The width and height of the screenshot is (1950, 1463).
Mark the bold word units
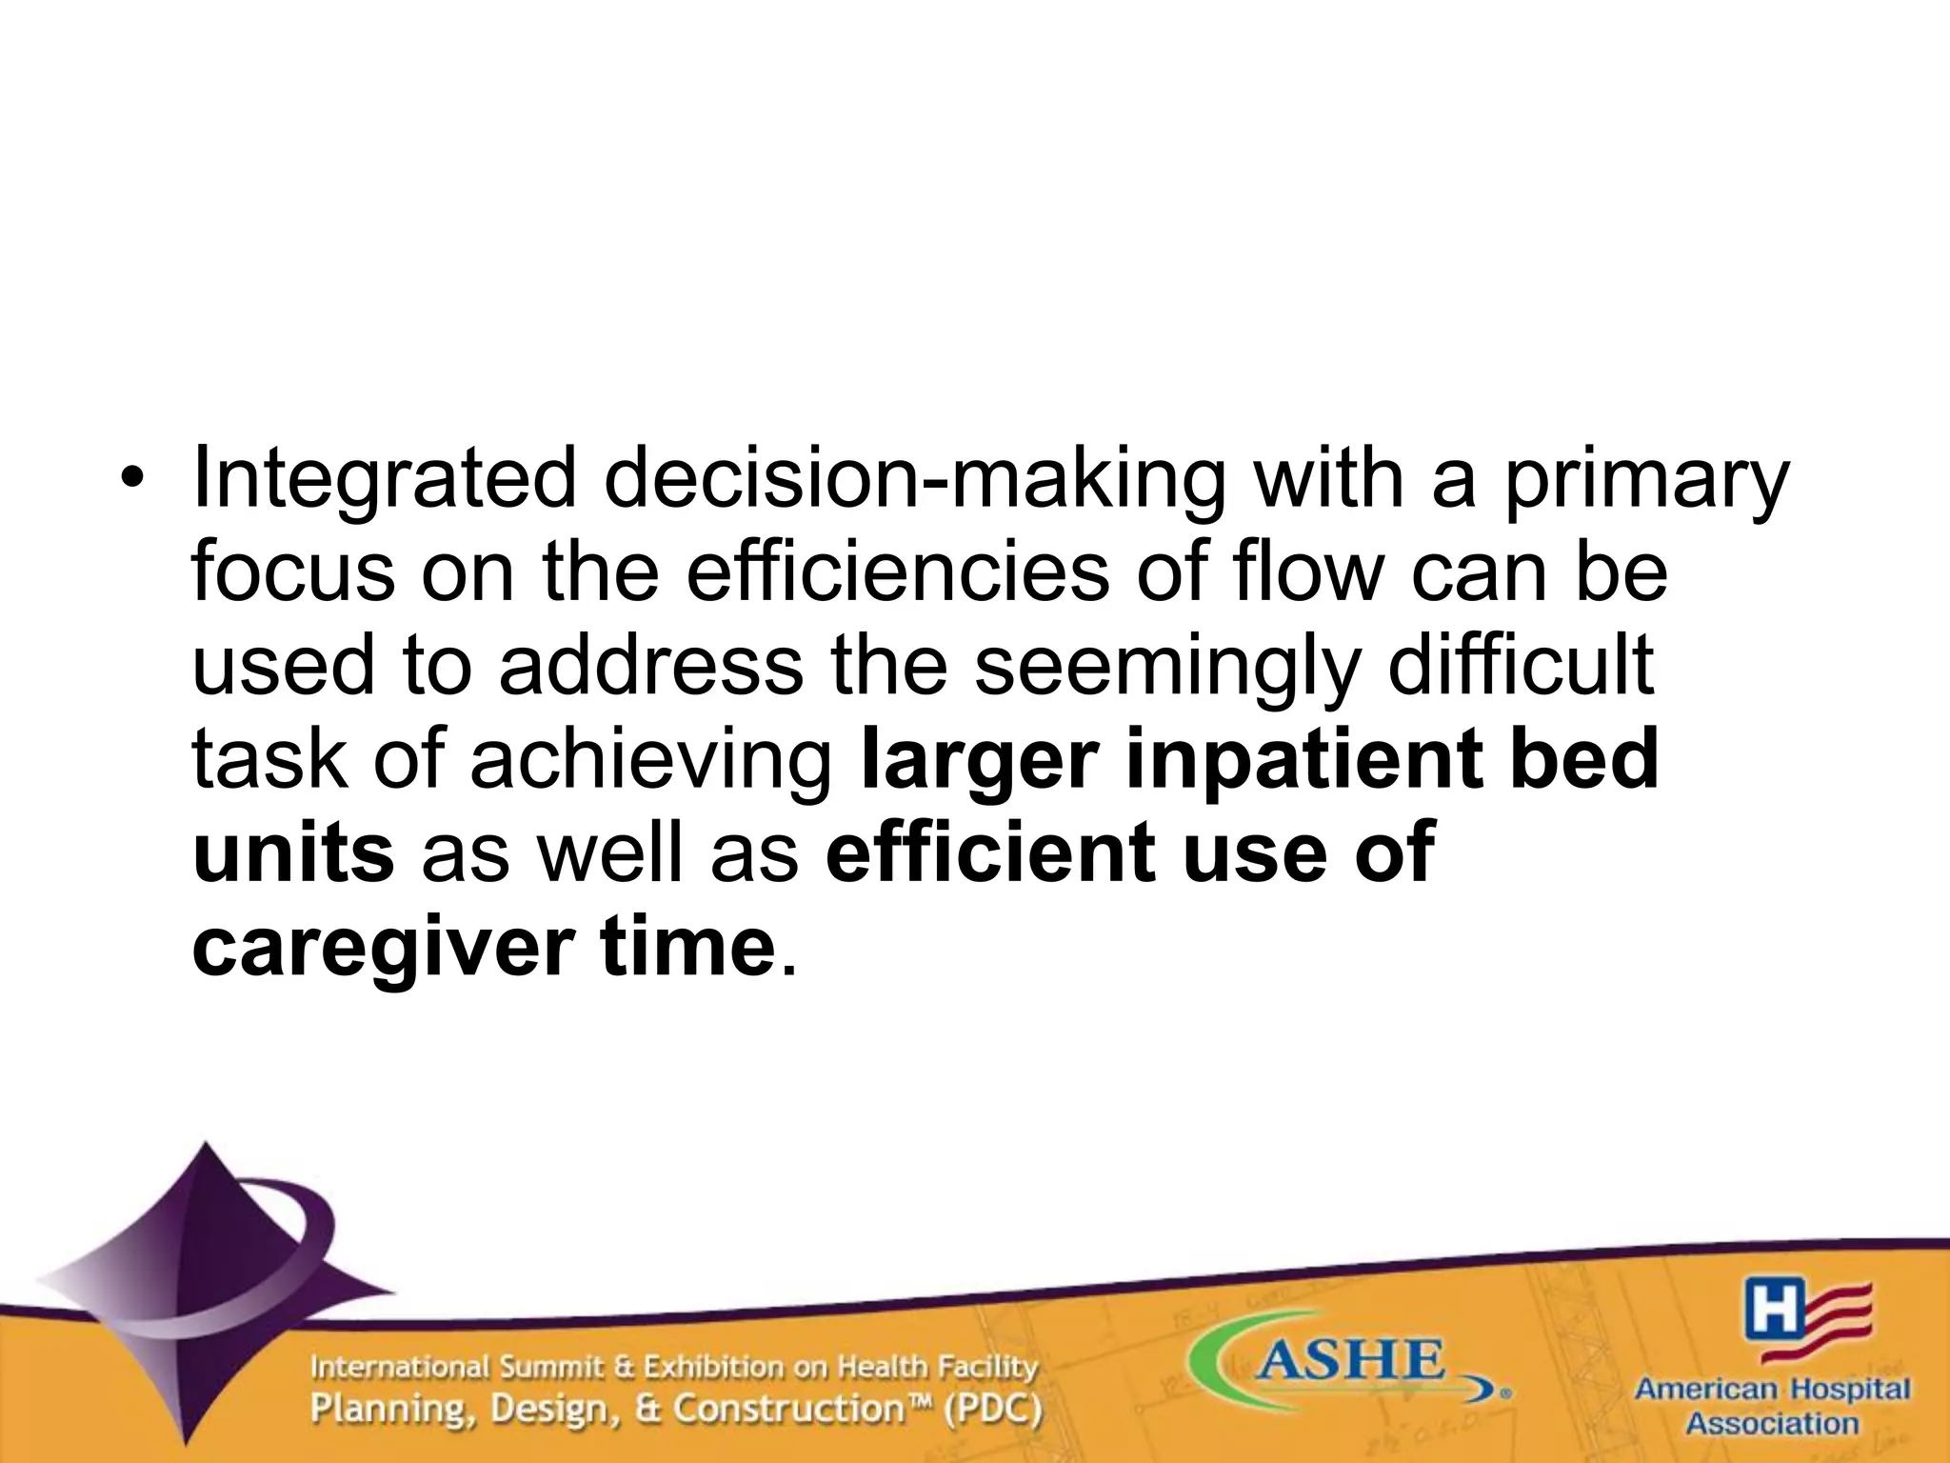point(293,852)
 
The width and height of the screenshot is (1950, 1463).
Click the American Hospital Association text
point(1772,1405)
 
